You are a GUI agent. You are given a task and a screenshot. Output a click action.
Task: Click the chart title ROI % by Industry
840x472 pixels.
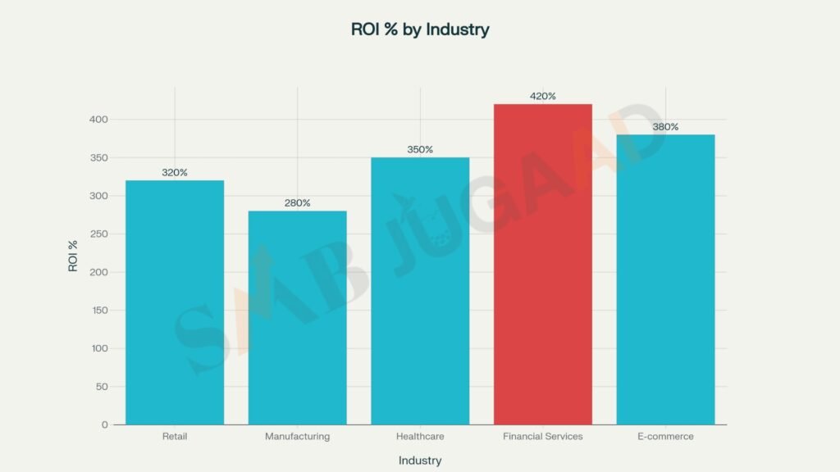click(420, 29)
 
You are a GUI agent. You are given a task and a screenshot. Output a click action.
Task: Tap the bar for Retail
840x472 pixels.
click(175, 302)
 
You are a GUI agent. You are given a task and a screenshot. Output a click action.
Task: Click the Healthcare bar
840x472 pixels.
click(420, 291)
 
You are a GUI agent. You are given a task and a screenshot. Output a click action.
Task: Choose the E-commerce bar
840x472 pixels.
click(665, 279)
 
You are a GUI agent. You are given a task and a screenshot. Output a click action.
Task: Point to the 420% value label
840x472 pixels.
click(542, 96)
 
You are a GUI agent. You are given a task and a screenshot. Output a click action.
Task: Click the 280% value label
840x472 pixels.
click(297, 202)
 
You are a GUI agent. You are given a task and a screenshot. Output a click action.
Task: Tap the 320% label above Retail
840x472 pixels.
click(175, 172)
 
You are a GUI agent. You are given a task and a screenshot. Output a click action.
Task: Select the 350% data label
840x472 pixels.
click(420, 149)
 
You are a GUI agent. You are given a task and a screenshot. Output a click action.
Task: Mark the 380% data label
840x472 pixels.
click(665, 126)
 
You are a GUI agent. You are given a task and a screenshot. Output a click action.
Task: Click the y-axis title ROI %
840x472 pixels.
click(73, 256)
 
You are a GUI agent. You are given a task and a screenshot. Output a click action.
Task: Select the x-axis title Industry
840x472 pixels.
click(420, 461)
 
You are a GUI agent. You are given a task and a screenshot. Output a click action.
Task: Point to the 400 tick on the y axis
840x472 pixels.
click(99, 120)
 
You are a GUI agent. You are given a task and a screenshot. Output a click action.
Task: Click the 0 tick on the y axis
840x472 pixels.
click(105, 424)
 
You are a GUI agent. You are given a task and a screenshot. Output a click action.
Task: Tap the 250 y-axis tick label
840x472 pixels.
click(99, 234)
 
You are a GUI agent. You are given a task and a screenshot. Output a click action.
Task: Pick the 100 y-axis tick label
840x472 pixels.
click(99, 348)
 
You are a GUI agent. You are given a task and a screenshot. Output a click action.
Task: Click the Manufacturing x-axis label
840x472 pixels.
click(297, 437)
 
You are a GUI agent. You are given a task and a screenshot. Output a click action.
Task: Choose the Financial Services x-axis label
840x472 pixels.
click(542, 437)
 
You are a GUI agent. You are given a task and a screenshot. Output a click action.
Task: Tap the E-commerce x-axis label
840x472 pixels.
click(665, 437)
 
